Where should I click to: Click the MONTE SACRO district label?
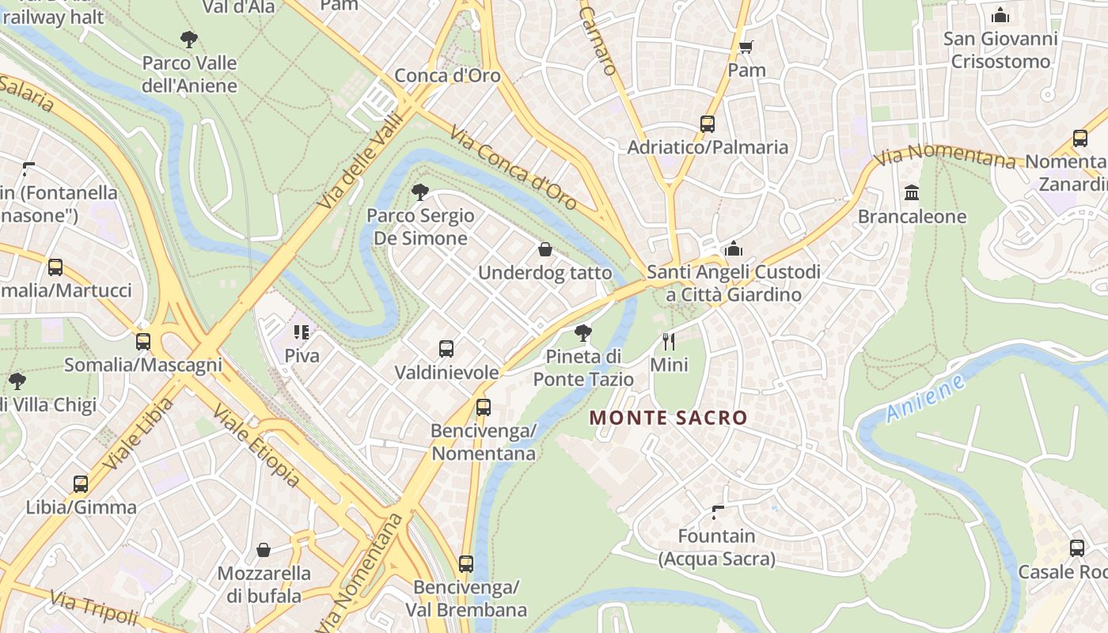coord(669,418)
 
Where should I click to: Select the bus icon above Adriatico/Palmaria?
coord(708,124)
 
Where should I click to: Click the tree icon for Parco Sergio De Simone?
coord(420,191)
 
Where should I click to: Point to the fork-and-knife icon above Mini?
coord(669,342)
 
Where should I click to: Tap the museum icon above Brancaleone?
coord(912,193)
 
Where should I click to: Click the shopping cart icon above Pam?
coord(746,47)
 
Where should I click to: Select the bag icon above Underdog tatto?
coord(545,250)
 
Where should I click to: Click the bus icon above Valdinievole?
coord(446,349)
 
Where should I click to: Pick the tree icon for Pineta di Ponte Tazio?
coord(583,333)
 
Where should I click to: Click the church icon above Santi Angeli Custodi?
coord(734,249)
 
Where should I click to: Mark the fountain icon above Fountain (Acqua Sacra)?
coord(718,513)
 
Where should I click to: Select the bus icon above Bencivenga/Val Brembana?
coord(466,564)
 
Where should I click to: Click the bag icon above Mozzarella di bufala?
coord(264,550)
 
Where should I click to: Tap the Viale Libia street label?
coord(138,434)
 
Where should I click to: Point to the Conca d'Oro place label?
coord(447,76)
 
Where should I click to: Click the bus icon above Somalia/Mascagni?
coord(143,342)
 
